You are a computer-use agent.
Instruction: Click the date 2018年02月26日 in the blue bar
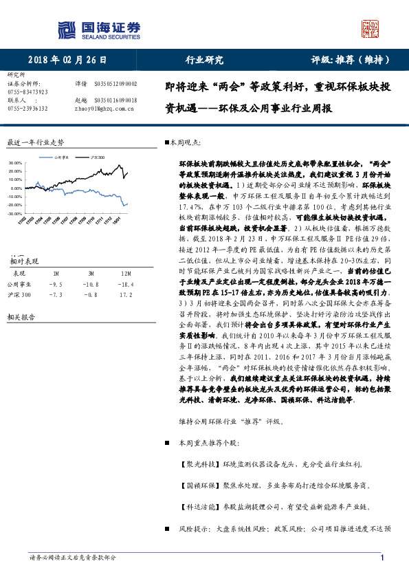coord(67,60)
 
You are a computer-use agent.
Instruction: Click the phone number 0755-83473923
coord(27,91)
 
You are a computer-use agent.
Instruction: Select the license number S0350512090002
coord(115,83)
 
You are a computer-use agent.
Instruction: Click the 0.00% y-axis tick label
coord(15,188)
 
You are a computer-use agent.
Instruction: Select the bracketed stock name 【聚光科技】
coord(197,465)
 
